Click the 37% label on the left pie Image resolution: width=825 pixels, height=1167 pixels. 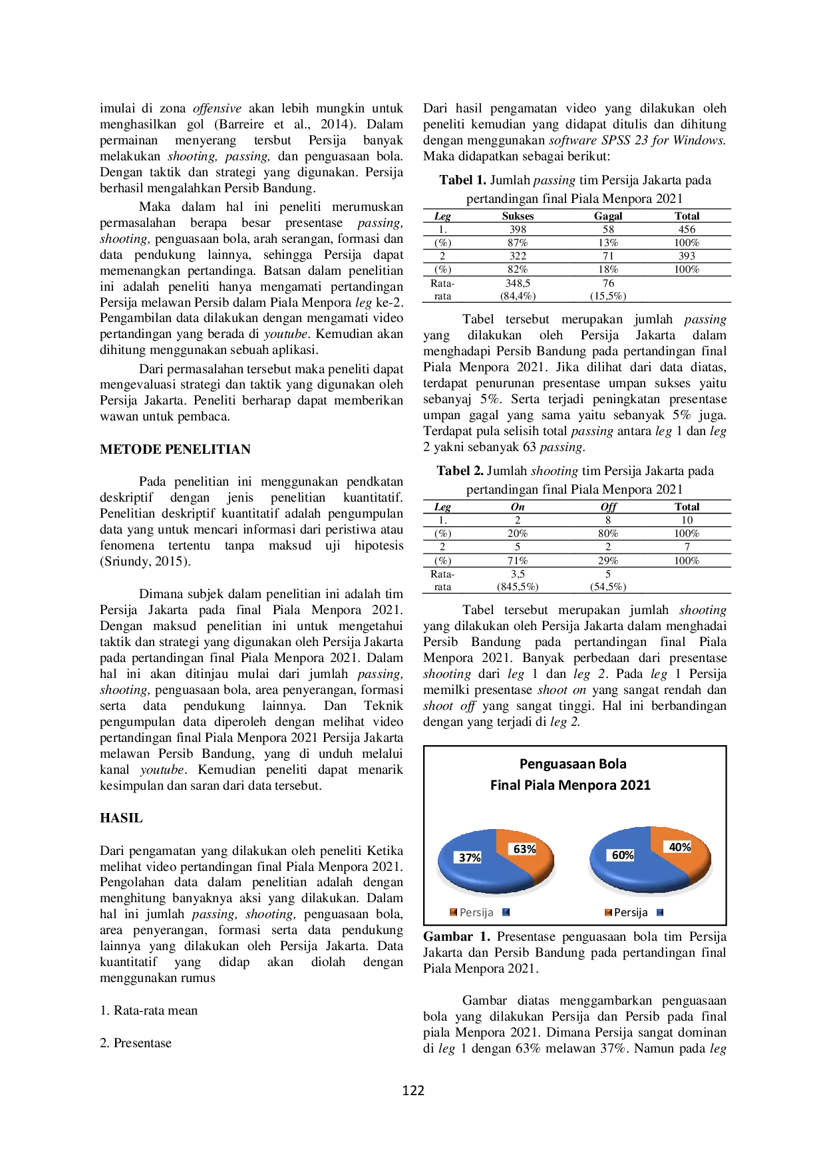coord(470,858)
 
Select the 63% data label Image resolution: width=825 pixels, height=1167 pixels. coord(524,849)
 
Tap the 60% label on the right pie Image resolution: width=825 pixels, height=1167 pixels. coord(623,855)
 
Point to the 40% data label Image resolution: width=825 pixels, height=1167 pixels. coord(679,847)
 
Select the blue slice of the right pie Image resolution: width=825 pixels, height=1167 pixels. coord(632,875)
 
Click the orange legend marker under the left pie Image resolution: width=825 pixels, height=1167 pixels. coord(453,913)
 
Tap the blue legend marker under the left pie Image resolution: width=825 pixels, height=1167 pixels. coord(506,913)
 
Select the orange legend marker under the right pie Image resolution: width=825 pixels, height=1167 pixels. coord(607,913)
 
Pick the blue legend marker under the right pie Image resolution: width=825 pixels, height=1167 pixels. coord(659,913)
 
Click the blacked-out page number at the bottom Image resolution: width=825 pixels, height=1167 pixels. coord(412,1088)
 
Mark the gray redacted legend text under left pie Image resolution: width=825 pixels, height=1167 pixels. coord(476,913)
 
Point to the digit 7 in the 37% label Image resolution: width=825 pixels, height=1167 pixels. coord(468,858)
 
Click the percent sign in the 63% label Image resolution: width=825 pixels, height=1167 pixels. coord(531,849)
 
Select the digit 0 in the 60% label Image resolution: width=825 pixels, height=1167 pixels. coord(623,855)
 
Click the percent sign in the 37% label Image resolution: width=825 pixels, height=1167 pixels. coord(476,858)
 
